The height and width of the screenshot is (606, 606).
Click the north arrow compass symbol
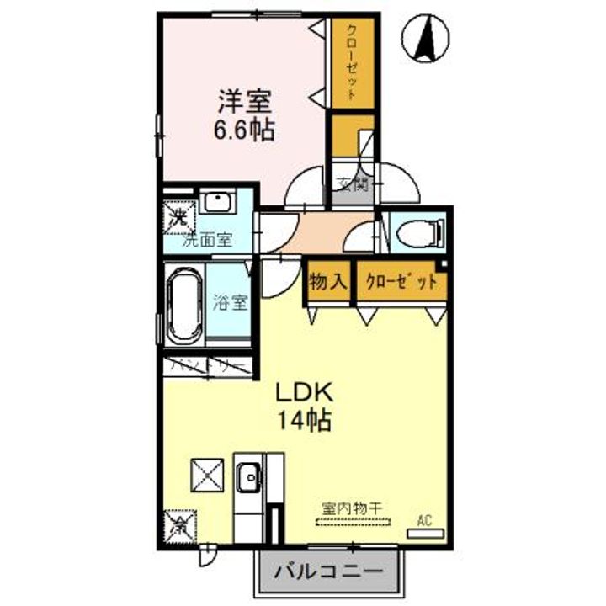click(x=427, y=39)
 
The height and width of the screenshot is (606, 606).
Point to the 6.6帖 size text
click(x=245, y=130)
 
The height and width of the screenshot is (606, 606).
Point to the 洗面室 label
click(x=207, y=238)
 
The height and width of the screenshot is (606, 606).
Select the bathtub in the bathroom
click(x=183, y=307)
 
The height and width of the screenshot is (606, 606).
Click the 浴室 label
click(x=229, y=301)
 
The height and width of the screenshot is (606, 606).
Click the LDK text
click(x=306, y=391)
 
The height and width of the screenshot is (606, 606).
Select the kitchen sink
click(x=248, y=481)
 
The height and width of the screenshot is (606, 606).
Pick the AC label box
click(x=427, y=521)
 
